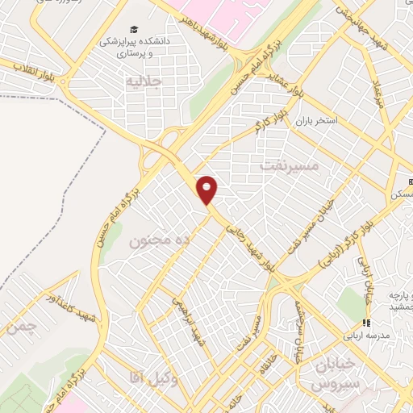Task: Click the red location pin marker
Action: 207,190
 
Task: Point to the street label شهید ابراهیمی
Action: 185,319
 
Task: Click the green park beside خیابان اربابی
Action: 351,302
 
